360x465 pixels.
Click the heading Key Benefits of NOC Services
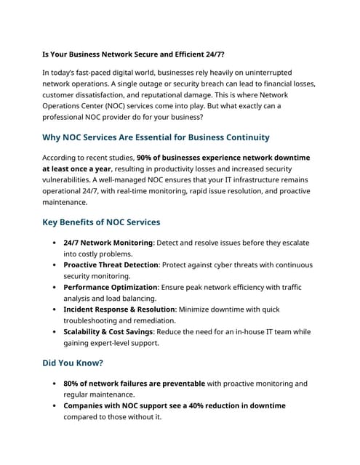point(101,222)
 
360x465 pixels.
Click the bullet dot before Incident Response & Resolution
point(55,309)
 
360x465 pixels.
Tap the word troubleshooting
point(97,320)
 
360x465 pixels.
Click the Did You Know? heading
point(73,363)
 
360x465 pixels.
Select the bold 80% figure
point(71,384)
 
